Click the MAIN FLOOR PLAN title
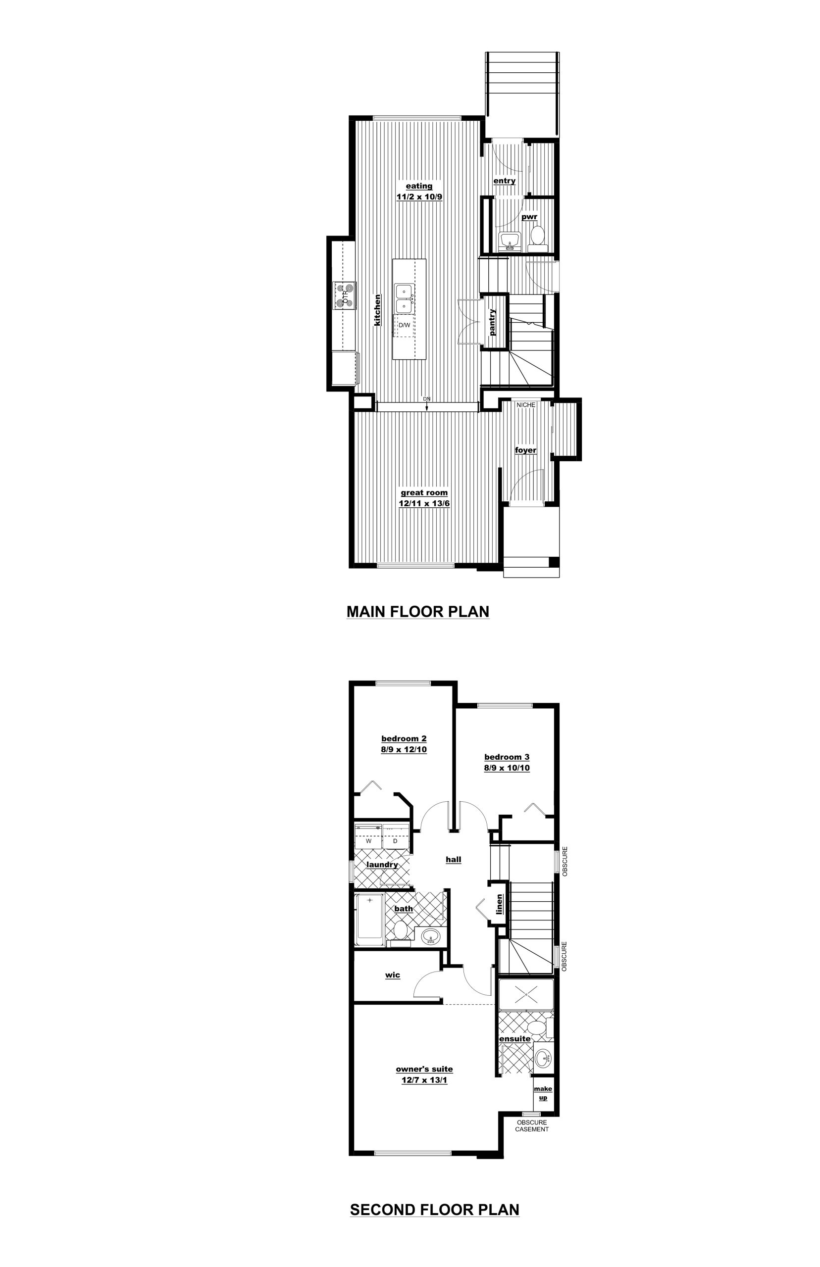418,611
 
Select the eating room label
419,186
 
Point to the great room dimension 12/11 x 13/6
424,503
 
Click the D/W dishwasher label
405,325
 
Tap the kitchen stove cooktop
345,296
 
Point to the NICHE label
526,405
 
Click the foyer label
525,450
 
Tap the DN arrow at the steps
427,404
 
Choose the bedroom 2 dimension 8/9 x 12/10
404,749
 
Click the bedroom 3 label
507,757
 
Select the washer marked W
368,841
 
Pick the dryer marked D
395,841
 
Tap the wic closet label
393,975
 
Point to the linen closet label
500,904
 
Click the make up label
543,1093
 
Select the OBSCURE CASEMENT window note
532,1126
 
